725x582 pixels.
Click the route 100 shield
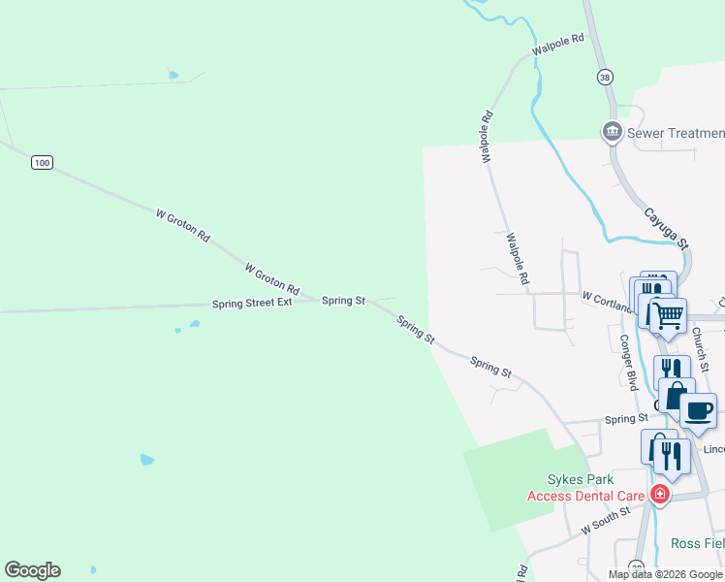41,162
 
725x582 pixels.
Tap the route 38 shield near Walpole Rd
606,76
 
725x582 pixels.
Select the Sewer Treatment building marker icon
612,131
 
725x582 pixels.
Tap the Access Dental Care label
585,496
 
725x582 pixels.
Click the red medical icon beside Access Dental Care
660,495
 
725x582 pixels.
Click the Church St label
701,348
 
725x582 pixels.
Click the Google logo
32,570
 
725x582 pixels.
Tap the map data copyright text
666,574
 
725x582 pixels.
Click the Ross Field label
697,543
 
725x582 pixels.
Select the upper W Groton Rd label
182,223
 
